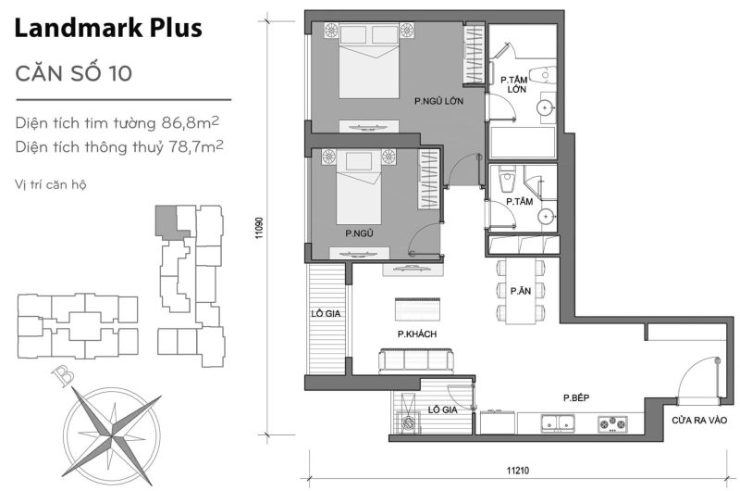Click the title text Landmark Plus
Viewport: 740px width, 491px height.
(109, 29)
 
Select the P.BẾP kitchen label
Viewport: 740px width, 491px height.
(577, 398)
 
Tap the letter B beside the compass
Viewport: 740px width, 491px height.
(63, 377)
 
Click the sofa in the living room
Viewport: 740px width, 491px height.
(413, 359)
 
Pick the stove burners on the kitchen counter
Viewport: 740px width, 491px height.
(612, 425)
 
